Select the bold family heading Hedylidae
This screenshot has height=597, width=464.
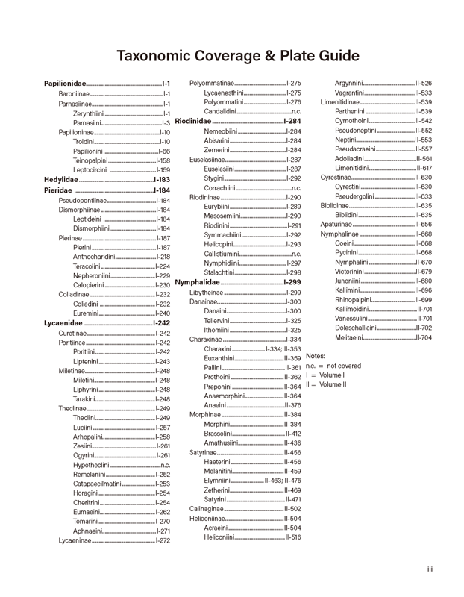(61, 180)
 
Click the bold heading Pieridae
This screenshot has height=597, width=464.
(58, 190)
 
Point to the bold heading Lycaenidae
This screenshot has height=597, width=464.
(63, 323)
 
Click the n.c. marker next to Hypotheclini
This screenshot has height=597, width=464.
(165, 464)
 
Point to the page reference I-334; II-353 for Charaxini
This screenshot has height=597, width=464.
(283, 348)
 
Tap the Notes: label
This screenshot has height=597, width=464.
(316, 356)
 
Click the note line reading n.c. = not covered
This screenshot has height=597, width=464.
(333, 366)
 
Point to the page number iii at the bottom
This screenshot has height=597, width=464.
(430, 569)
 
